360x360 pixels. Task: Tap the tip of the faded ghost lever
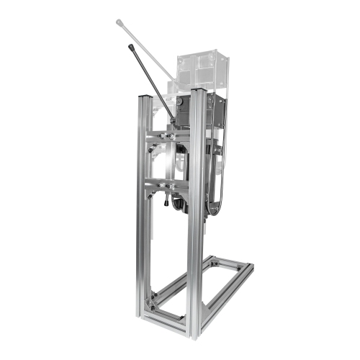[118, 22]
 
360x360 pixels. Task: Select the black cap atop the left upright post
[143, 96]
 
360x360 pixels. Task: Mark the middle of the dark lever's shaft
[152, 82]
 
